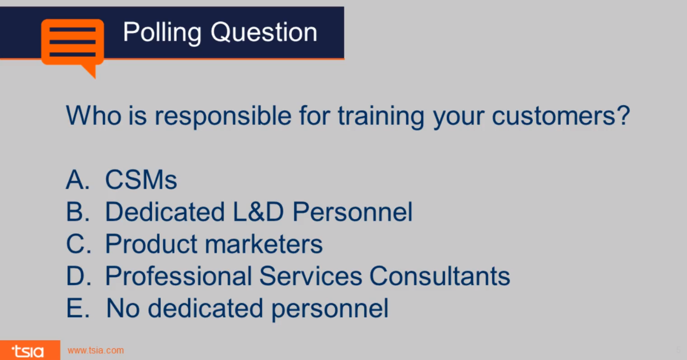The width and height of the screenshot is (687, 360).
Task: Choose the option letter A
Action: [76, 180]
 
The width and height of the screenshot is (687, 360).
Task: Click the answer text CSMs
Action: [141, 180]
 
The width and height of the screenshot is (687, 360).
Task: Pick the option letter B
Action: [76, 212]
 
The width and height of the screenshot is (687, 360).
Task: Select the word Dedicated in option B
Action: [164, 212]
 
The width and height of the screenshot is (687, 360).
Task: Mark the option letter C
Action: [77, 244]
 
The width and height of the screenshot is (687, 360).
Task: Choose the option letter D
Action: [77, 276]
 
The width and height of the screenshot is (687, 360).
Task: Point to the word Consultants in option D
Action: [439, 276]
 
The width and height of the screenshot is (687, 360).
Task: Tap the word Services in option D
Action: [310, 276]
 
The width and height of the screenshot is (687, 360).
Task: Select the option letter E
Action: [76, 308]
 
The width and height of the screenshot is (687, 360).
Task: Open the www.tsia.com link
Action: [96, 351]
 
